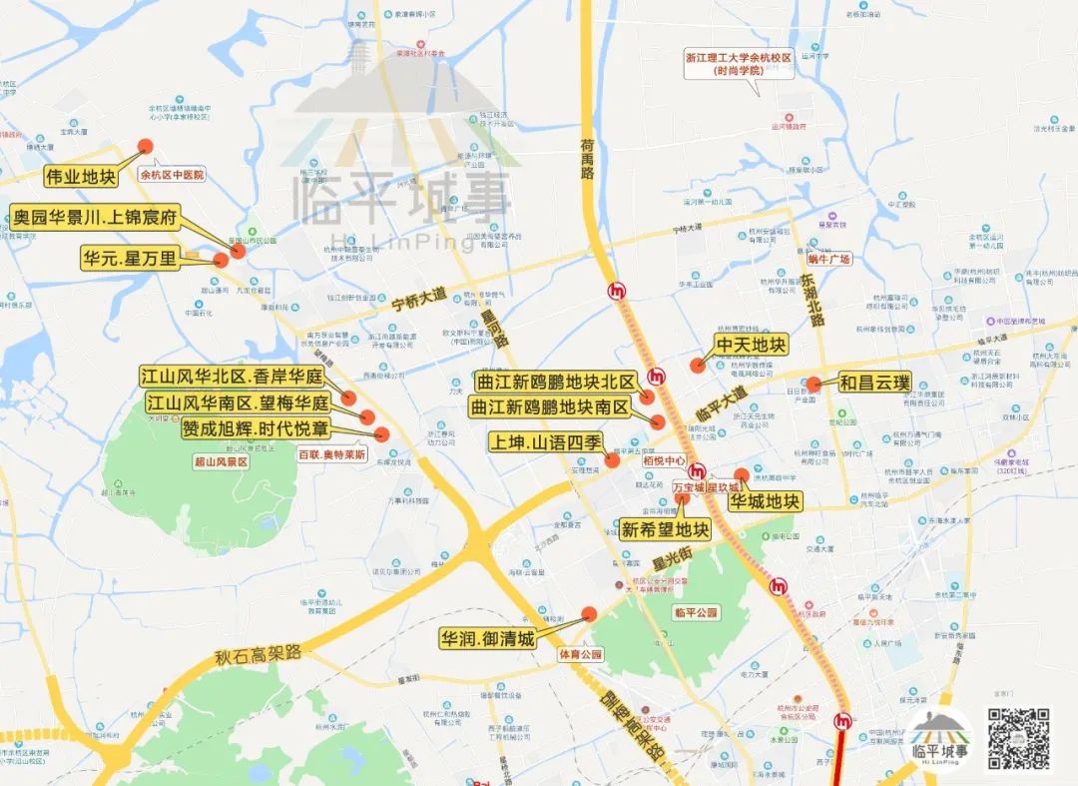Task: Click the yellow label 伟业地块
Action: [x=81, y=178]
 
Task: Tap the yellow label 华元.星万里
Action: [x=130, y=259]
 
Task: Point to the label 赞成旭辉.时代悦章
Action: [x=256, y=428]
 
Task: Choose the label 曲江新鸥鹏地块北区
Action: [x=555, y=382]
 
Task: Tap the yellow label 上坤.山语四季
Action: [x=545, y=440]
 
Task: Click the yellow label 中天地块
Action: [x=751, y=347]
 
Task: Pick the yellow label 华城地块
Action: [x=765, y=500]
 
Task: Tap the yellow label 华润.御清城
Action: [x=488, y=638]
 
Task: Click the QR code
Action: [x=1018, y=739]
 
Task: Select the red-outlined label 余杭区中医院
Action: [x=172, y=175]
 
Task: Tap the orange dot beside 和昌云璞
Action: [x=814, y=384]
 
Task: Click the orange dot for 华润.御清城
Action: [x=589, y=614]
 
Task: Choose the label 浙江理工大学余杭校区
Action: [x=738, y=64]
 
